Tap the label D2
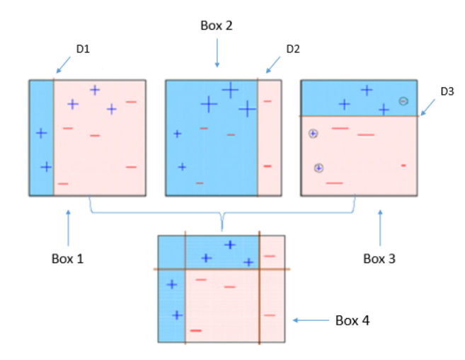[293, 49]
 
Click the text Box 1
[68, 258]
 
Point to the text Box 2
[217, 25]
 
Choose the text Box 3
[379, 258]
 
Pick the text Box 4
[352, 320]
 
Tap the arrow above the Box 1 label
[68, 226]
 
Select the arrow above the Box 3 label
[380, 226]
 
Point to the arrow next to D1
[63, 65]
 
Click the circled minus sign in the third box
[403, 101]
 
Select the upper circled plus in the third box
[313, 133]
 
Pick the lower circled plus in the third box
[319, 168]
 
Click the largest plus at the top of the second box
[230, 90]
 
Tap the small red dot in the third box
[403, 166]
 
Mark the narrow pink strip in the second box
[269, 137]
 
